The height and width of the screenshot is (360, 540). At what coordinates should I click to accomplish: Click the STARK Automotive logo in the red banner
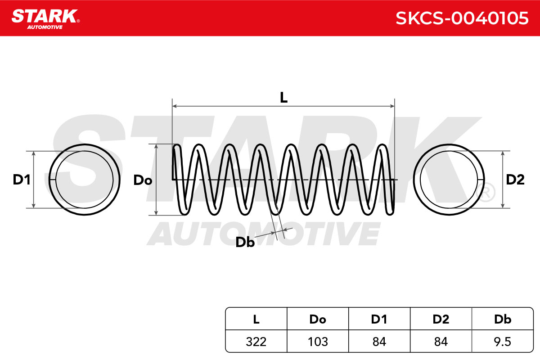coord(45,19)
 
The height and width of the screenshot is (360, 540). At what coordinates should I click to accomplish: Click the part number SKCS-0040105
coord(462,18)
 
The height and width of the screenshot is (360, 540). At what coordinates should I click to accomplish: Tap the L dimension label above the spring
coord(284,98)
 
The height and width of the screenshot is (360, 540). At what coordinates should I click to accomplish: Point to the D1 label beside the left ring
coord(22,180)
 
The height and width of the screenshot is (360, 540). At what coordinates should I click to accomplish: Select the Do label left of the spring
coord(143,180)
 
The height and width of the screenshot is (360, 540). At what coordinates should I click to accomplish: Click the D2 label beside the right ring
coord(515,180)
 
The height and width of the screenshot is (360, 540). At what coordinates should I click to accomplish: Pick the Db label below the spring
coord(245,242)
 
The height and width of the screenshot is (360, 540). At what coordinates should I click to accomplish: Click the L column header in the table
coord(256,319)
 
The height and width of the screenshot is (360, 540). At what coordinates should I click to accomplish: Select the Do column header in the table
coord(318,319)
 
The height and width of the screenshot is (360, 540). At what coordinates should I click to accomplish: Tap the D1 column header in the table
coord(379,319)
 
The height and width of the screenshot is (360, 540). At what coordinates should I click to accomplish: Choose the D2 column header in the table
coord(441,319)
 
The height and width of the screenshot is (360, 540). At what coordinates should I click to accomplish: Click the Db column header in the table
coord(503,319)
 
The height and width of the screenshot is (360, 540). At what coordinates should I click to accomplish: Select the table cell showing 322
coord(256,342)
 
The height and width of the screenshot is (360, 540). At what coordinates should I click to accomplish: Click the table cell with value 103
coord(318,342)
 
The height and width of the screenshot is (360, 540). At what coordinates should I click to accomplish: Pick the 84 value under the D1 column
coord(379,342)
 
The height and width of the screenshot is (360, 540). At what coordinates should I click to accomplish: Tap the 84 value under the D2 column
coord(441,342)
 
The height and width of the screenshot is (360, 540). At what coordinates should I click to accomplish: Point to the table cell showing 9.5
coord(503,342)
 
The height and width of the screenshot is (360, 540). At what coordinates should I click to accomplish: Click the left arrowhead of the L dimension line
coord(175,106)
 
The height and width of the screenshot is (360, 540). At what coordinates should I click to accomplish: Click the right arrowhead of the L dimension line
coord(392,106)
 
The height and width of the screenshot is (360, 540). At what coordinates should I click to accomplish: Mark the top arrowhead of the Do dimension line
coord(156,146)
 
